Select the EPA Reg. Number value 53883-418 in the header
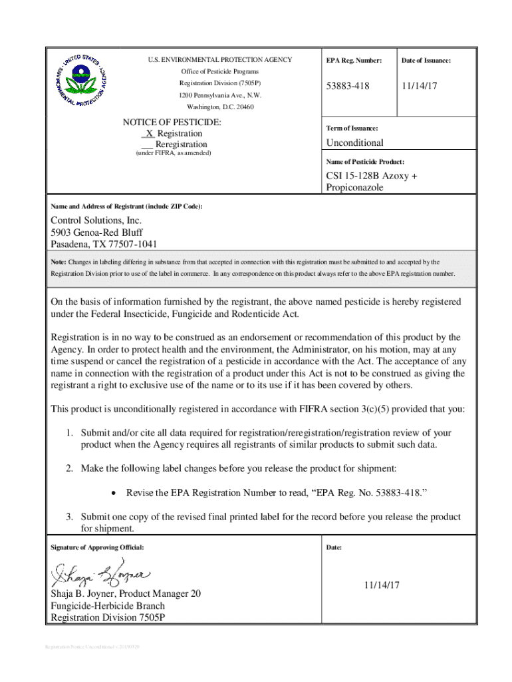[347, 87]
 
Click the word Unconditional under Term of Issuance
[354, 143]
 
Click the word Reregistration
[181, 145]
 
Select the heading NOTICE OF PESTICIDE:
[172, 123]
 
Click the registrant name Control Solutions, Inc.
[96, 220]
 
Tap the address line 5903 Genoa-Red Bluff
[98, 232]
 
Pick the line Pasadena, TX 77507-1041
[104, 244]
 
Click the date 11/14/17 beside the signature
[381, 585]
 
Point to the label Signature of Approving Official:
[97, 547]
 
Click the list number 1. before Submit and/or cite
[69, 433]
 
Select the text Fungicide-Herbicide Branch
[108, 606]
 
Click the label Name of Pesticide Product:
[365, 162]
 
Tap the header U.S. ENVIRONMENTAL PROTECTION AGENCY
[220, 60]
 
